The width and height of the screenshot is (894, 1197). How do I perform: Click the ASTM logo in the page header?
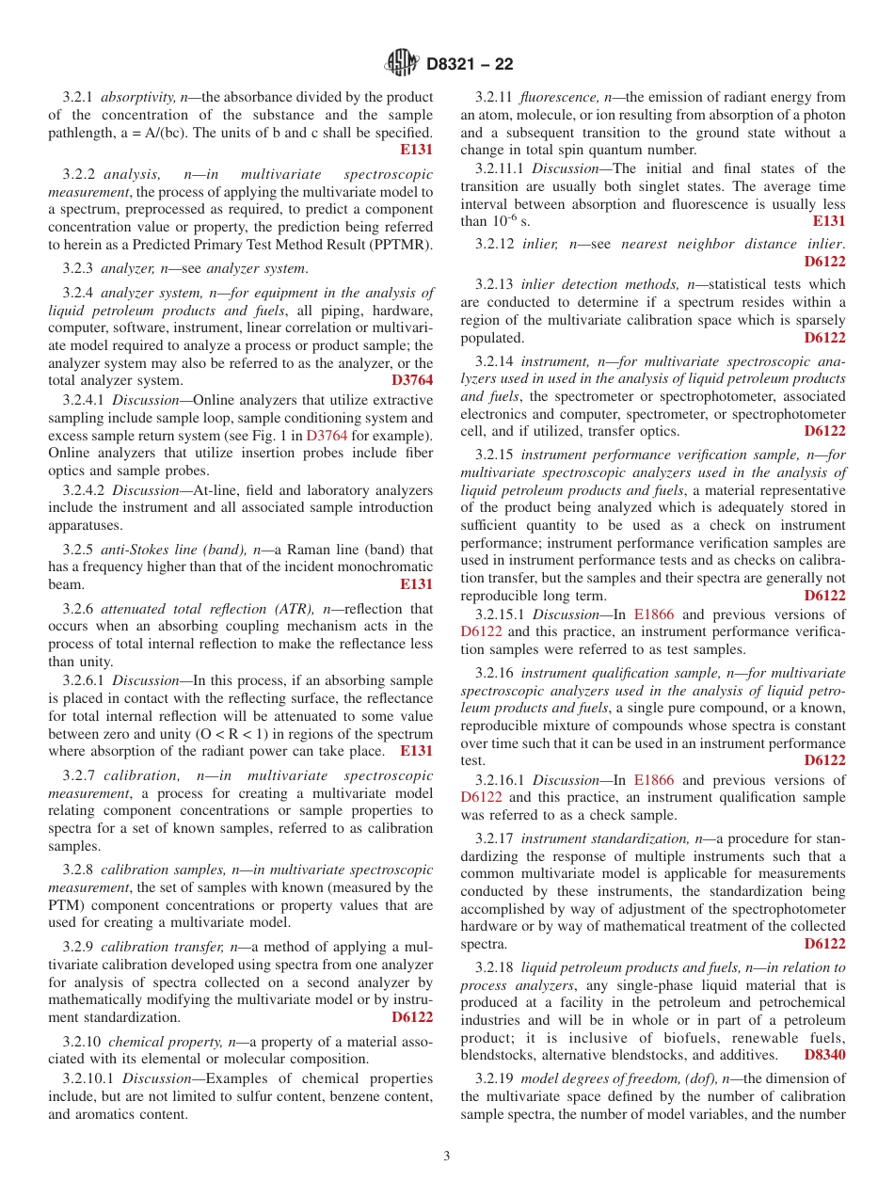pos(402,64)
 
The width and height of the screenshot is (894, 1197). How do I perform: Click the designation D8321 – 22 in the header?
pos(470,65)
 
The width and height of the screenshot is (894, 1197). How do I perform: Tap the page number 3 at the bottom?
pos(447,1156)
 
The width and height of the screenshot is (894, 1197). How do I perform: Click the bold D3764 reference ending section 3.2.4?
pos(412,381)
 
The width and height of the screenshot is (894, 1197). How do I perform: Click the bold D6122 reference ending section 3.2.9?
pos(412,1017)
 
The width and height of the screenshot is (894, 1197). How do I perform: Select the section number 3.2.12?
pos(494,244)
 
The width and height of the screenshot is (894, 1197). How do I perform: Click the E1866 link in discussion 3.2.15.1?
pos(653,614)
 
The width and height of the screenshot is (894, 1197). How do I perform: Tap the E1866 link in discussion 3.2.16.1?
pos(653,780)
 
